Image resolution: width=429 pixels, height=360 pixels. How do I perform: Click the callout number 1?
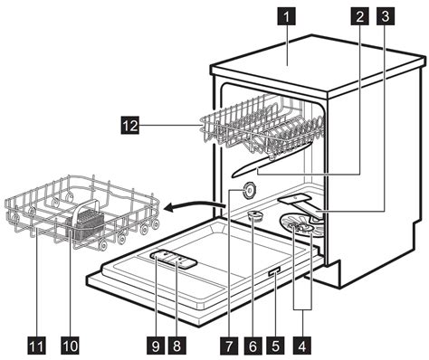[286, 17]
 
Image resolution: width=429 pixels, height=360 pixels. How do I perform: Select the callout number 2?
[359, 16]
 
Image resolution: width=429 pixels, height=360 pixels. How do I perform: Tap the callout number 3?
[385, 16]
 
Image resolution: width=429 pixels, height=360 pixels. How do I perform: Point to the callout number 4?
[302, 346]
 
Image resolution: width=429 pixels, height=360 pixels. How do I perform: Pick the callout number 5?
[275, 346]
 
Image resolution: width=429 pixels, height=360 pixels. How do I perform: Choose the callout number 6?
[253, 346]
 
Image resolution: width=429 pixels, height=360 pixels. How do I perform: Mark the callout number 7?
[229, 346]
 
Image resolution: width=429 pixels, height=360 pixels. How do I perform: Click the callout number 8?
[176, 346]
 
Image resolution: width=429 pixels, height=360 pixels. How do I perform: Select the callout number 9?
[156, 346]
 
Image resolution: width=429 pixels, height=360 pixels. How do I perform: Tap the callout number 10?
[70, 346]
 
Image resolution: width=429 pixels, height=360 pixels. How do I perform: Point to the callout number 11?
[36, 346]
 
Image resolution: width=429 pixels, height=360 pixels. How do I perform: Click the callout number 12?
[130, 126]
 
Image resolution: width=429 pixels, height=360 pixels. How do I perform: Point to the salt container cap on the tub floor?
[255, 216]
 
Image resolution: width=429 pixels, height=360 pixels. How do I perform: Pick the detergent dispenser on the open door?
[174, 259]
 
